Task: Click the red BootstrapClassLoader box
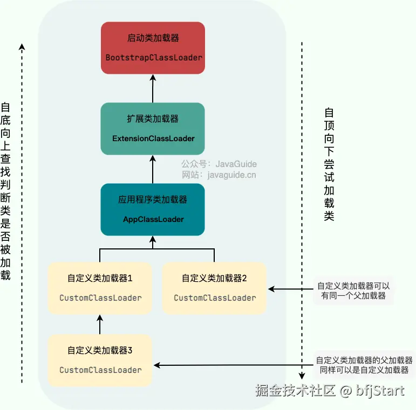coord(153,48)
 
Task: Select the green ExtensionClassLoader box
coord(153,128)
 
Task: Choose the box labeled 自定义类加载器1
coord(100,288)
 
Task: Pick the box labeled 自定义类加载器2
coord(214,288)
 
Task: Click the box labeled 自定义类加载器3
coord(100,360)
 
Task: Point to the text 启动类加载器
coord(153,38)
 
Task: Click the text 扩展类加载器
coord(153,119)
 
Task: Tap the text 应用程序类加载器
coord(153,200)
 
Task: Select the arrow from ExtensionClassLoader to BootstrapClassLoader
coord(153,89)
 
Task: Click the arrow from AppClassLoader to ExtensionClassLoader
coord(153,169)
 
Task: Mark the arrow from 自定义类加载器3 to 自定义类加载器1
coord(100,324)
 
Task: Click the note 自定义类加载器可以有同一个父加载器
coord(353,291)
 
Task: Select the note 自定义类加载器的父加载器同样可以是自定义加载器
coord(364,365)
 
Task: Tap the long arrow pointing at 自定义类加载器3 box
coord(232,366)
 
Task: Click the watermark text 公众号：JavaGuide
coord(219,164)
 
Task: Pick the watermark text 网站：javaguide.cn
coord(219,175)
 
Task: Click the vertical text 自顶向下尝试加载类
coord(329,164)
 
